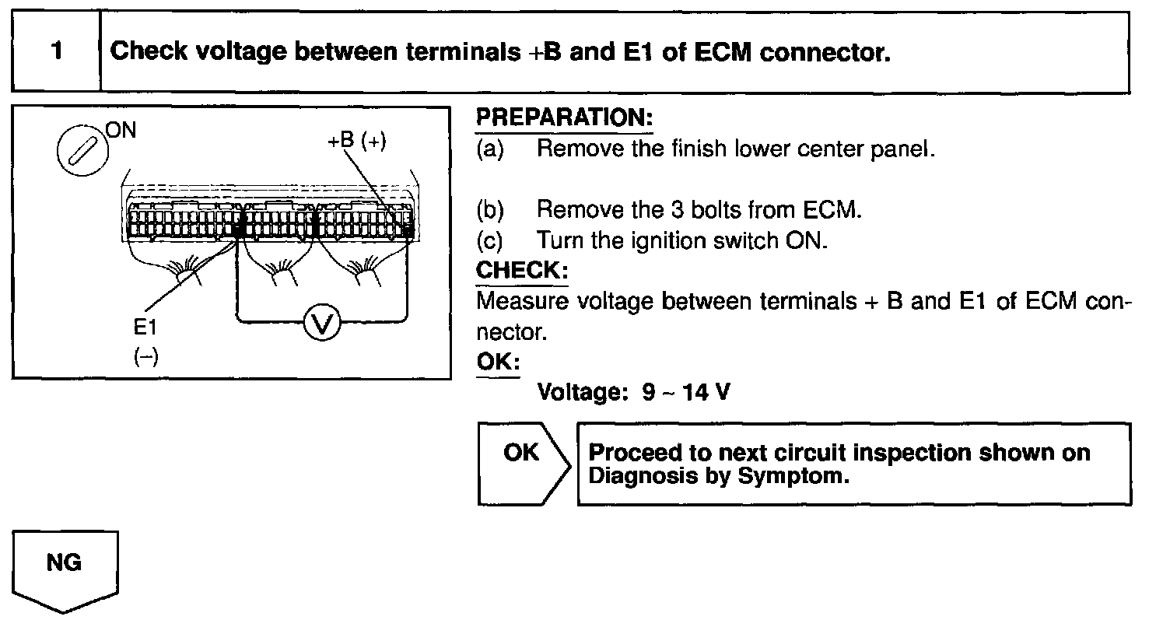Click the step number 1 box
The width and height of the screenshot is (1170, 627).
tap(56, 52)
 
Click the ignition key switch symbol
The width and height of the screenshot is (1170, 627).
tap(81, 149)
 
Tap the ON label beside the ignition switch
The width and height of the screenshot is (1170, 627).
tap(121, 130)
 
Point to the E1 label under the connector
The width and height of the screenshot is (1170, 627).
tap(145, 328)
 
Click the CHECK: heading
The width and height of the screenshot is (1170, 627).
tap(521, 271)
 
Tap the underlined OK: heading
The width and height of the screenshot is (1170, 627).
tap(497, 363)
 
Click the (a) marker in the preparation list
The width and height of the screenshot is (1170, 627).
tap(490, 149)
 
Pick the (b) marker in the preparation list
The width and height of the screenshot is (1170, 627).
tap(490, 210)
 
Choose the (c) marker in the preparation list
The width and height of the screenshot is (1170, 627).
tap(490, 240)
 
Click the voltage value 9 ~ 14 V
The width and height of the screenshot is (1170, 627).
tap(686, 392)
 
